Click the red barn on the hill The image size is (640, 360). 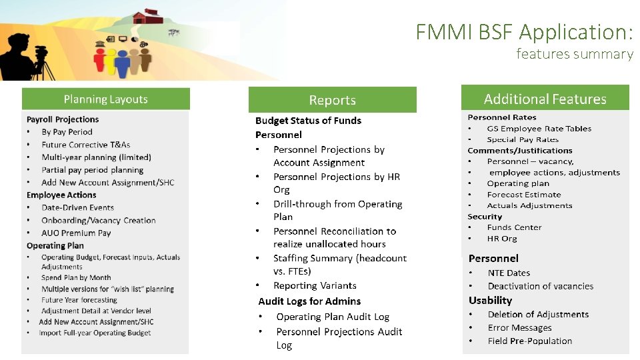pyautogui.click(x=147, y=16)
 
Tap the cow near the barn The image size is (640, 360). pyautogui.click(x=174, y=31)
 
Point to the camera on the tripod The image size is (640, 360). pyautogui.click(x=41, y=51)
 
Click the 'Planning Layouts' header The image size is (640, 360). pyautogui.click(x=105, y=99)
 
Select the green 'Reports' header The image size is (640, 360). pyautogui.click(x=332, y=100)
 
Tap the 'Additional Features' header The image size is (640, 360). pyautogui.click(x=545, y=99)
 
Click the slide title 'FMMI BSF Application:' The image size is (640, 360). pyautogui.click(x=524, y=31)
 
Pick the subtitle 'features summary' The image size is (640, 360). pyautogui.click(x=574, y=54)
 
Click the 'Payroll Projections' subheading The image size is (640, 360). pyautogui.click(x=63, y=119)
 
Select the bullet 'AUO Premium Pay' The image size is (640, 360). pyautogui.click(x=76, y=233)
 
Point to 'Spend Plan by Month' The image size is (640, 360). pyautogui.click(x=76, y=277)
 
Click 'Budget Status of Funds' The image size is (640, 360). pyautogui.click(x=308, y=121)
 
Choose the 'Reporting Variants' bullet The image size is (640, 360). pyautogui.click(x=315, y=285)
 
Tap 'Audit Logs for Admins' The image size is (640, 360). pyautogui.click(x=309, y=301)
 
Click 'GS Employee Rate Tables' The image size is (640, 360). pyautogui.click(x=539, y=129)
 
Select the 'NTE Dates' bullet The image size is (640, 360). pyautogui.click(x=509, y=273)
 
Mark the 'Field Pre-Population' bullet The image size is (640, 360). pyautogui.click(x=529, y=341)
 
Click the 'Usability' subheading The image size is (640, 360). pyautogui.click(x=490, y=300)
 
